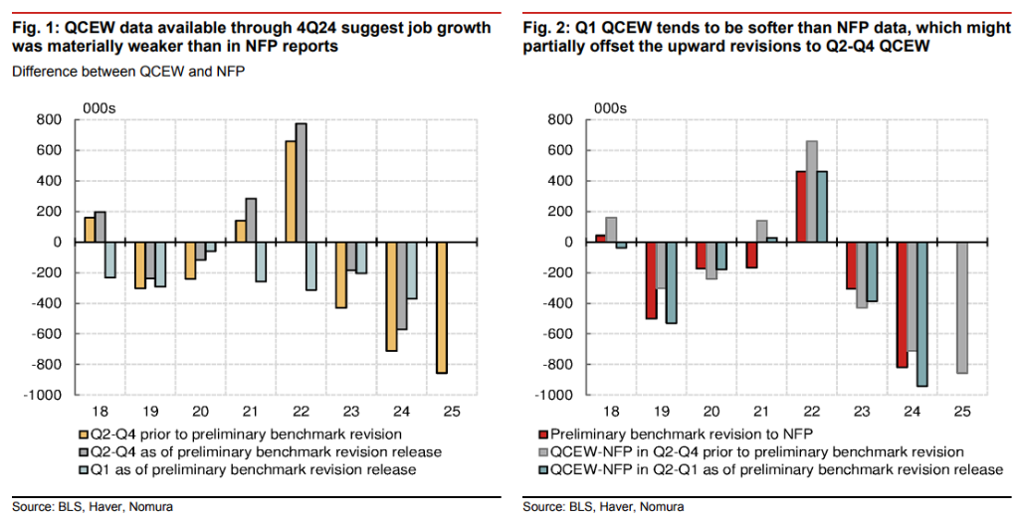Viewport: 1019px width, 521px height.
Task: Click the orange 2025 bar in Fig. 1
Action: click(441, 307)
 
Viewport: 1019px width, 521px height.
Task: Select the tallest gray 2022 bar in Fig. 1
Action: click(301, 183)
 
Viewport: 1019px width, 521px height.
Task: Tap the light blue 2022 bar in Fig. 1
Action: click(312, 266)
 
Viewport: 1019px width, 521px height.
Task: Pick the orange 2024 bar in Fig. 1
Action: click(392, 296)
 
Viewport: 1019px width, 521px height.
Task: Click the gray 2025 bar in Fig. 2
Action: click(962, 307)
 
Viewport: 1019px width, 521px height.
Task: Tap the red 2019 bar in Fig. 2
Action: click(652, 280)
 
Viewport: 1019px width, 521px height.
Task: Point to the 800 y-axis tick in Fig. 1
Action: click(49, 120)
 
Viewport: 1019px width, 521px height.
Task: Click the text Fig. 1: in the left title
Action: click(37, 28)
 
